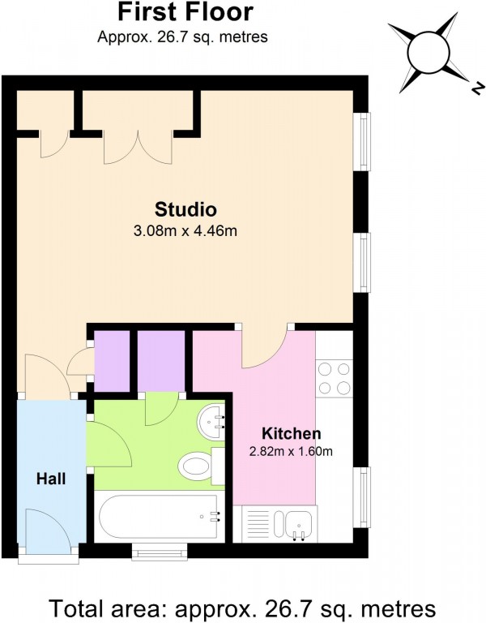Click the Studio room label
(x=185, y=208)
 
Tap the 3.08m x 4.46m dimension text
(x=185, y=230)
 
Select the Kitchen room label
(x=291, y=433)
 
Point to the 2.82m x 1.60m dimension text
(x=291, y=452)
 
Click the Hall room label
(x=50, y=479)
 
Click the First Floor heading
(x=185, y=12)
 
